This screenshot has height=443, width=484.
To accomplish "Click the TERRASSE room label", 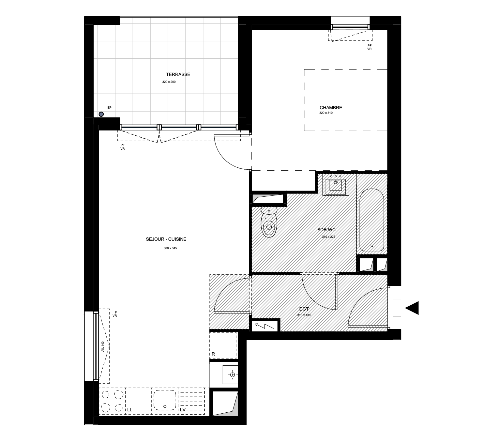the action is tap(178, 74).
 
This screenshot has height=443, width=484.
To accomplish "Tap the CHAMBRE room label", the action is tap(331, 108).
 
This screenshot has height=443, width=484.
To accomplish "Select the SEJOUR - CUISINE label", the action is tap(166, 239).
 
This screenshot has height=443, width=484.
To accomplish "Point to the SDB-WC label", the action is tap(326, 230).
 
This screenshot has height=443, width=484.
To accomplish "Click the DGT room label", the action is tap(304, 309).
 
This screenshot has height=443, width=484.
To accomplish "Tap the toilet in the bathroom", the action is tap(269, 221).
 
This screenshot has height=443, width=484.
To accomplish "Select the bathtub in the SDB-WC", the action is tap(371, 220).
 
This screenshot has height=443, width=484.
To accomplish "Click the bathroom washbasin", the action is tap(336, 185).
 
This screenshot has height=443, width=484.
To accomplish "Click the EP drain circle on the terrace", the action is tap(101, 114).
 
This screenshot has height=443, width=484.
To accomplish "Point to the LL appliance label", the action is tap(129, 410).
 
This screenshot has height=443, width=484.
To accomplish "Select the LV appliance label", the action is tap(183, 410).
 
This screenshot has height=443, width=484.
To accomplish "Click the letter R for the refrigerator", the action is tap(213, 354).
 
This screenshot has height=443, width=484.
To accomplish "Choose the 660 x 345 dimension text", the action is tap(170, 248).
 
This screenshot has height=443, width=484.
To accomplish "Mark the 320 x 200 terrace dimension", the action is tap(169, 82).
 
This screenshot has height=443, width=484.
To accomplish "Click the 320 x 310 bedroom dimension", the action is tap(326, 113).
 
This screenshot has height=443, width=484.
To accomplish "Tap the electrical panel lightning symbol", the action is tap(264, 327).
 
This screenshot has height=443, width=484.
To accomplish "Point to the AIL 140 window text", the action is tap(102, 346).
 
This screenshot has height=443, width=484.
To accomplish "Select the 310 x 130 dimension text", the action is tap(304, 315).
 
